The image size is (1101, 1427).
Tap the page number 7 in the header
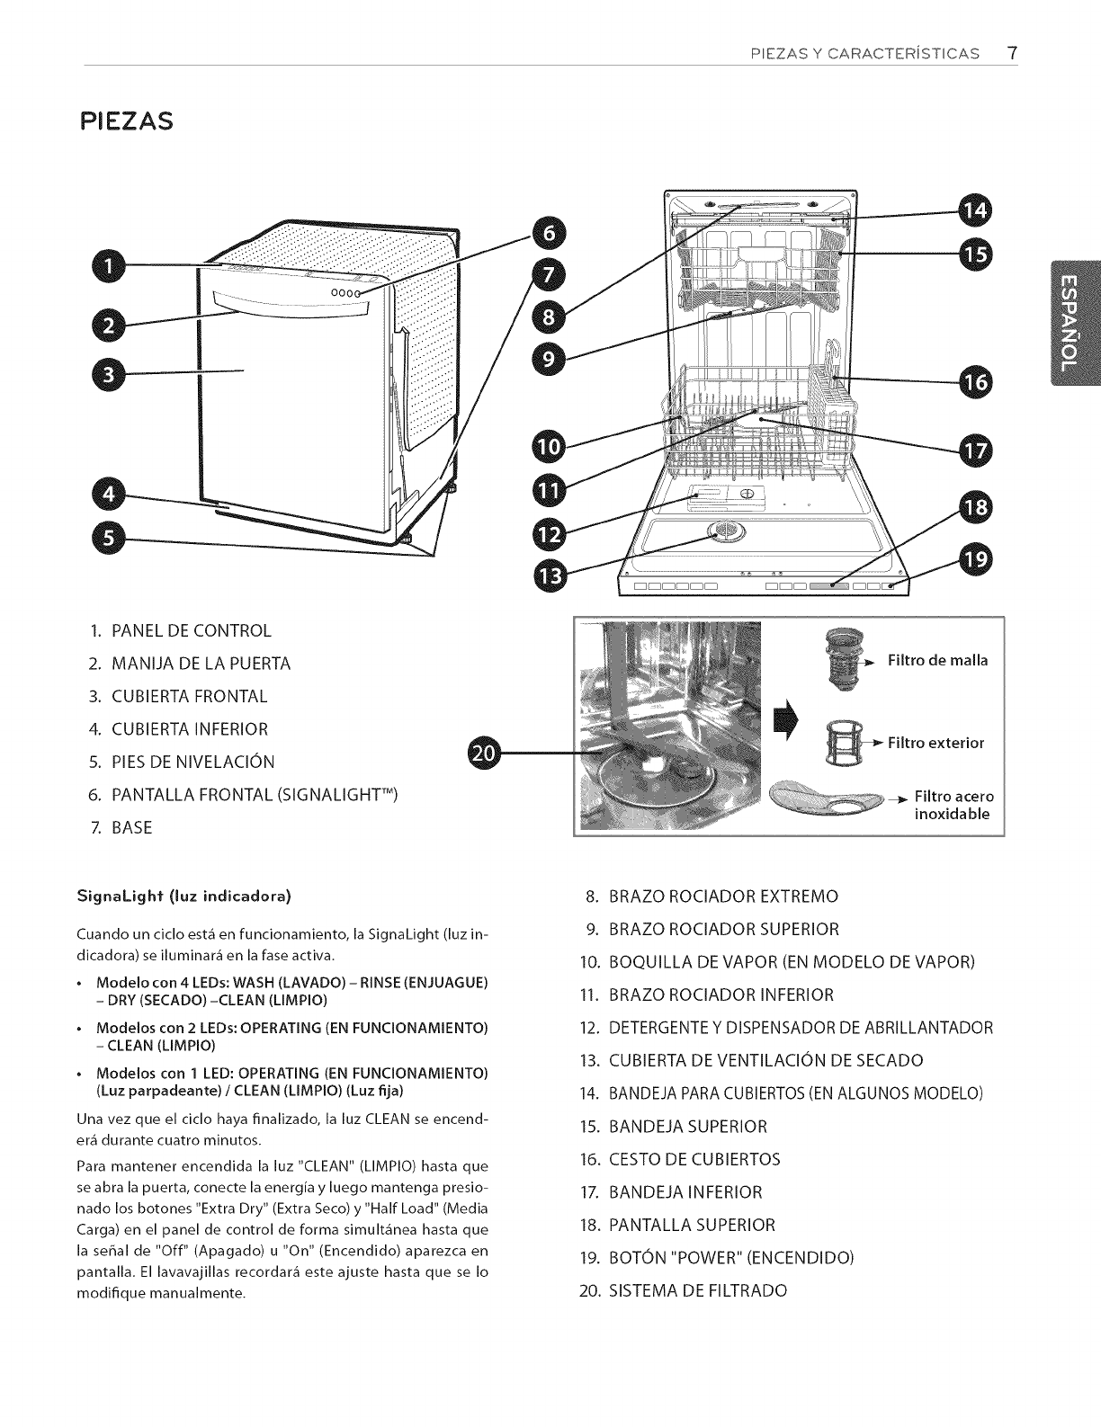point(1012,52)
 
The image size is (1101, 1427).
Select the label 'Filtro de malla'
point(937,661)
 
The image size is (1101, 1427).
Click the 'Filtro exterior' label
point(935,743)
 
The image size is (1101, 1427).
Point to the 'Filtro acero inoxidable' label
point(953,806)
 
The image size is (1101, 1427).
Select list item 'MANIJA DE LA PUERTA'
point(201,664)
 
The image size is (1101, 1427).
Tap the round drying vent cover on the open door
point(722,531)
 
